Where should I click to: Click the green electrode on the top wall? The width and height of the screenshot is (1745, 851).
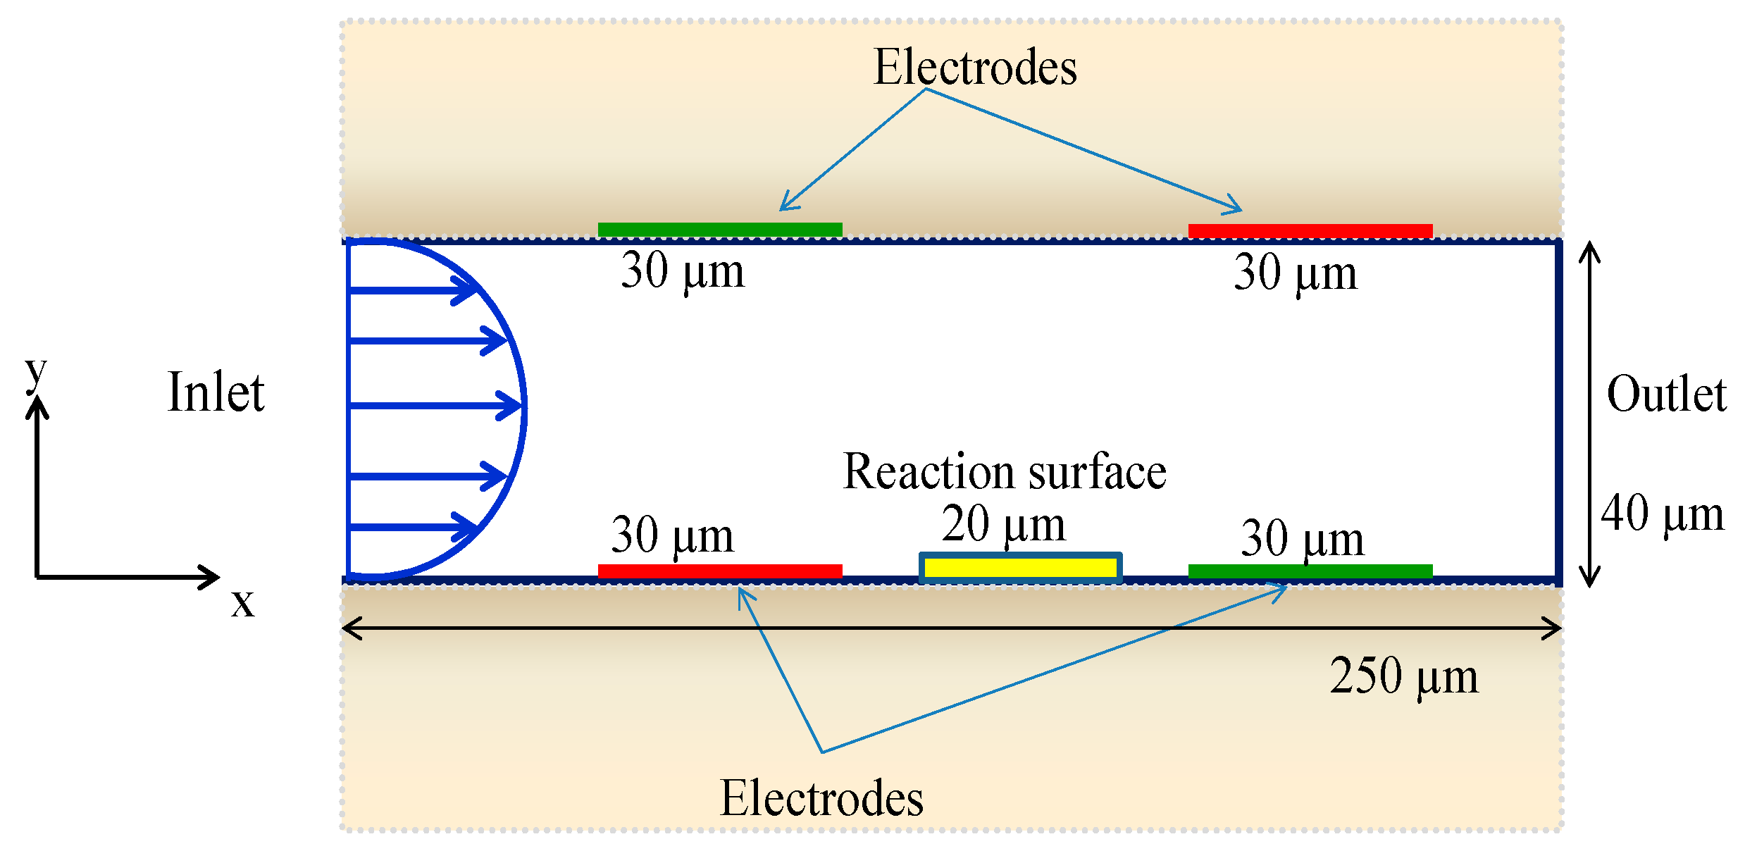tap(720, 230)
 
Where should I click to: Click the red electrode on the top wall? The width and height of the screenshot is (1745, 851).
tap(1310, 231)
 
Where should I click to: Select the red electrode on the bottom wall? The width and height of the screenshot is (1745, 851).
tap(720, 571)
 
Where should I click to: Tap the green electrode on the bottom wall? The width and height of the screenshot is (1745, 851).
tap(1310, 571)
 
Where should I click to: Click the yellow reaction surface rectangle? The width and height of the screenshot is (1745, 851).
tap(1020, 568)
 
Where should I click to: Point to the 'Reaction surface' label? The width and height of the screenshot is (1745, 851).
tap(1005, 471)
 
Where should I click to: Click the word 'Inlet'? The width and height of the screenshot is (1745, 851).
tap(216, 392)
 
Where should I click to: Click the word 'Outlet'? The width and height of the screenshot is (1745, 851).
tap(1666, 394)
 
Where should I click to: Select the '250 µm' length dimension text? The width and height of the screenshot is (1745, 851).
tap(1403, 676)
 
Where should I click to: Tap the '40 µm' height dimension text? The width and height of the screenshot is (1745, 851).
tap(1663, 514)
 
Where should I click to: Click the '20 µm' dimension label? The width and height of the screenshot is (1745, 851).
tap(1003, 525)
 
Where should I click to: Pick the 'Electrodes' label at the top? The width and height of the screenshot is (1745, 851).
tap(975, 68)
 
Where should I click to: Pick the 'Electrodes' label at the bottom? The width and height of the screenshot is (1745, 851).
tap(821, 799)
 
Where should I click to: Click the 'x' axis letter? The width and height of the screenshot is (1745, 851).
tap(243, 604)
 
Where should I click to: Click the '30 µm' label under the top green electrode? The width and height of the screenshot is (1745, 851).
tap(682, 271)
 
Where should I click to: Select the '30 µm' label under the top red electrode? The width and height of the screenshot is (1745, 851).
tap(1295, 273)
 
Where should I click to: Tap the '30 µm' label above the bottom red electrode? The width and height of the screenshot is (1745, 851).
tap(672, 535)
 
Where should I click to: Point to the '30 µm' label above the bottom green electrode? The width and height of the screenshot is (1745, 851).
tap(1302, 539)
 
